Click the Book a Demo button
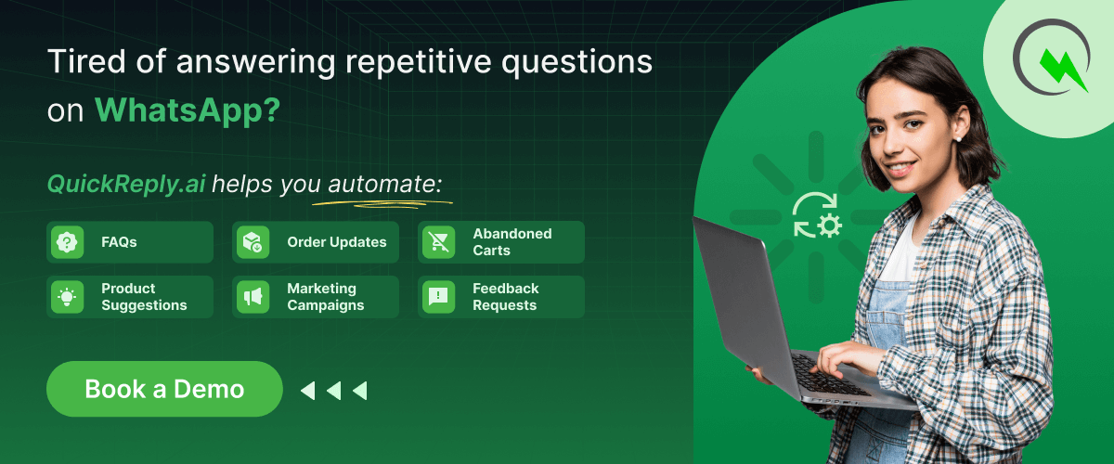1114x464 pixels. click(164, 389)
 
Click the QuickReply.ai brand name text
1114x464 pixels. click(126, 184)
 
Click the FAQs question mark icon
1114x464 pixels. click(67, 242)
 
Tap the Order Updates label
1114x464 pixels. click(336, 242)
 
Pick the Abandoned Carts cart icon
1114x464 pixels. click(438, 242)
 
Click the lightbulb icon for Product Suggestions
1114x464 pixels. click(67, 297)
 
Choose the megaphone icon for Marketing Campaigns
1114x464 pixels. click(253, 297)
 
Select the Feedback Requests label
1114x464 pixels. click(505, 297)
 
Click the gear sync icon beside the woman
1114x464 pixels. click(816, 215)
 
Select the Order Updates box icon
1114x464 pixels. click(253, 242)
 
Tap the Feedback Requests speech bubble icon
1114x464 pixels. click(438, 297)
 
